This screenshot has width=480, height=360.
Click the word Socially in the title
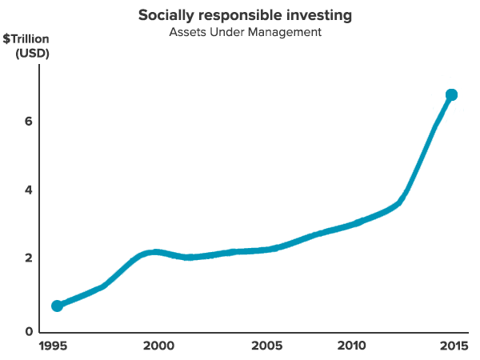[x=162, y=16]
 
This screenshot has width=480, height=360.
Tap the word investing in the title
[x=306, y=16]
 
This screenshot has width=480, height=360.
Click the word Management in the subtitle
[x=284, y=33]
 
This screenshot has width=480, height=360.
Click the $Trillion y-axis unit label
[x=26, y=39]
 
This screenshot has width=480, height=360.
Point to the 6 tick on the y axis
[x=29, y=122]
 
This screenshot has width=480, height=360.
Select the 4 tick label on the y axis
[x=29, y=190]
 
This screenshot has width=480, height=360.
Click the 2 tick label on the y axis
[x=29, y=258]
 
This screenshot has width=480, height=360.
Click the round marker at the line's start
[x=57, y=306]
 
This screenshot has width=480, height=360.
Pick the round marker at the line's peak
[x=451, y=95]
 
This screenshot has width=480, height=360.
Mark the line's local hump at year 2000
[x=156, y=252]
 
